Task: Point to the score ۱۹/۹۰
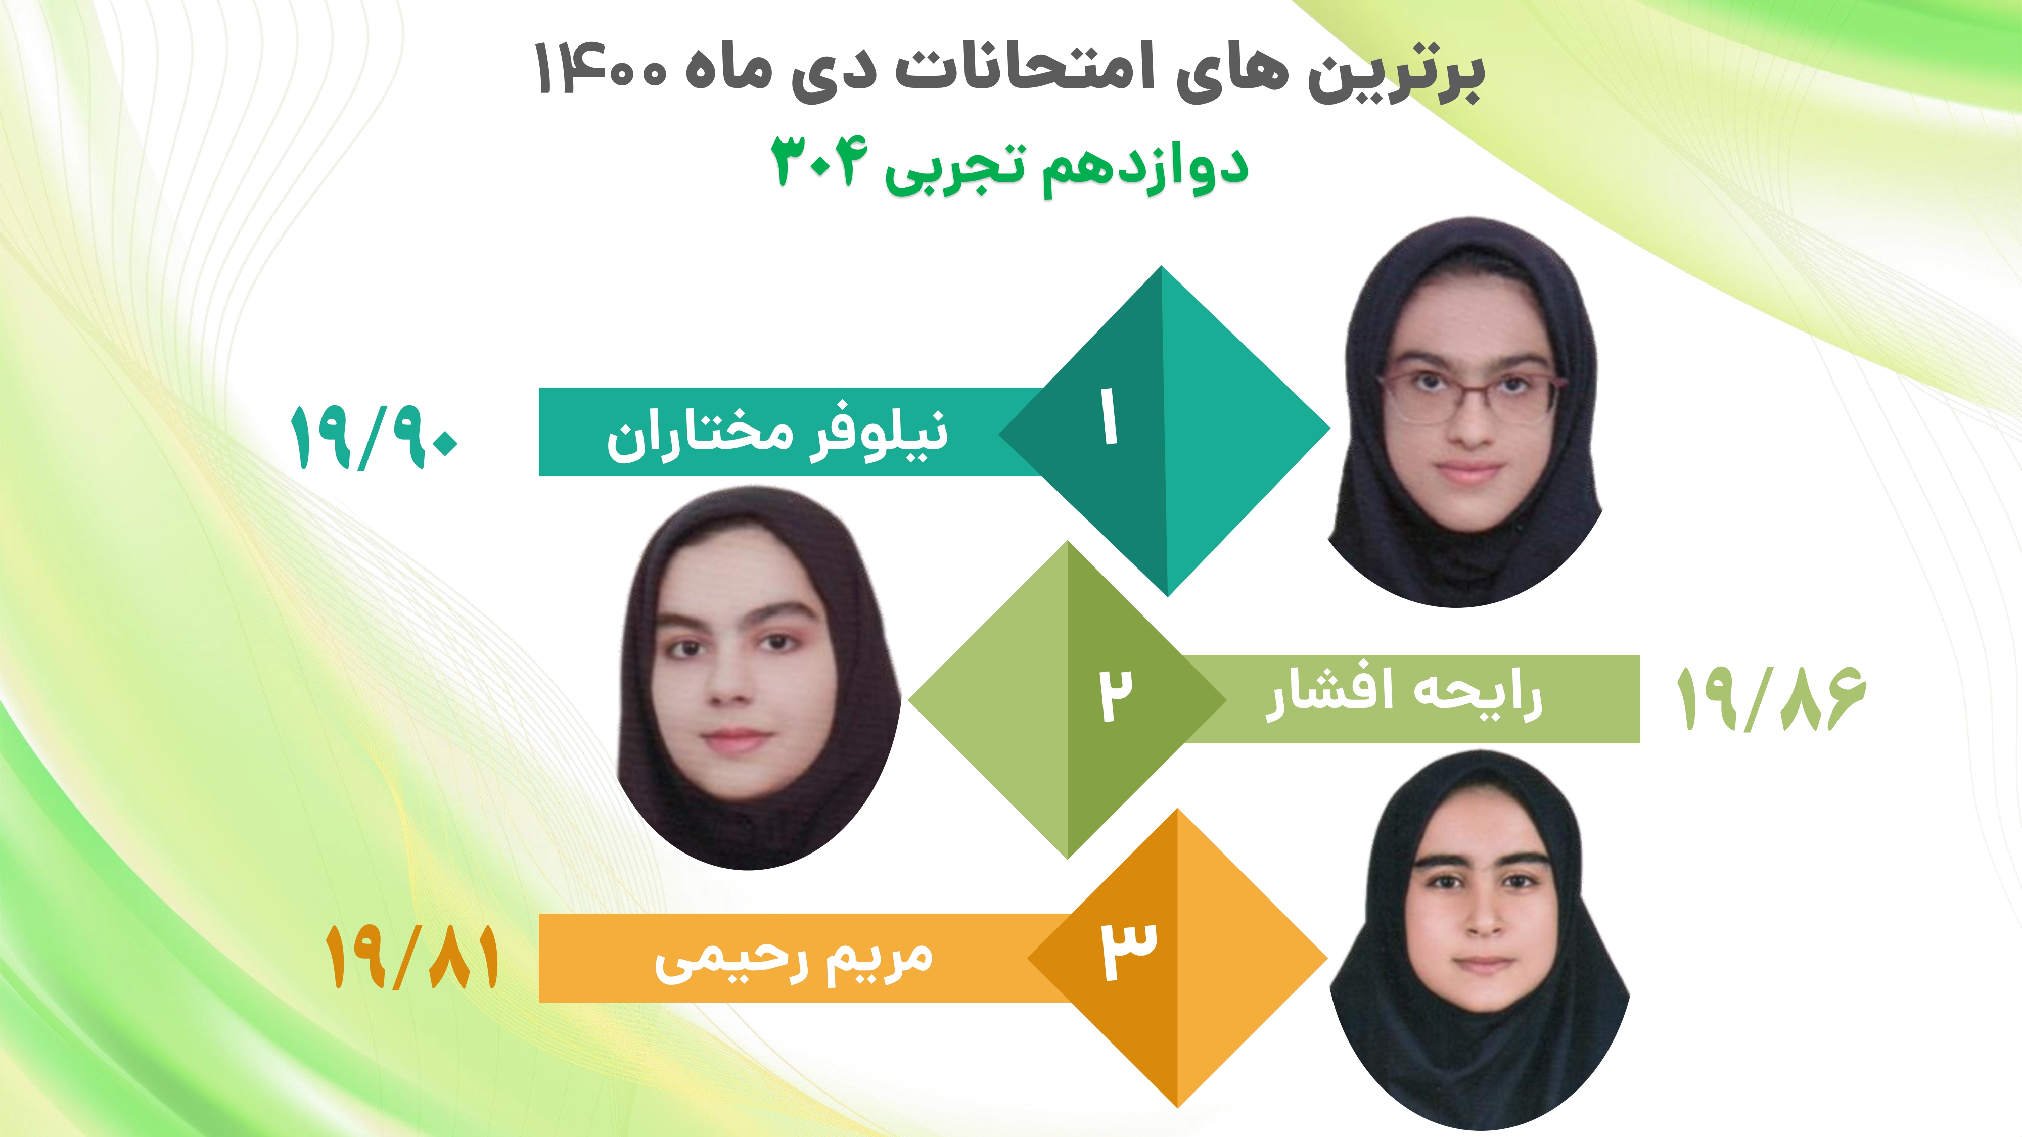(x=374, y=438)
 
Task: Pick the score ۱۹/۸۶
(x=1771, y=698)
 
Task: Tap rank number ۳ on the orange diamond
(x=1128, y=950)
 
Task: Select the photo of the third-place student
(x=1480, y=939)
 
